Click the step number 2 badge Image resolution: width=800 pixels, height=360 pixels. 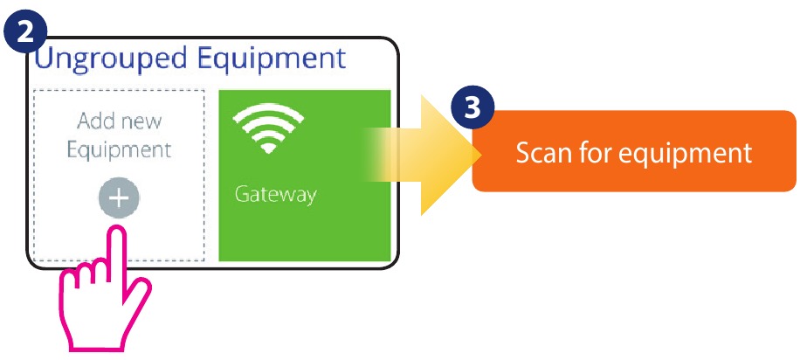pyautogui.click(x=25, y=31)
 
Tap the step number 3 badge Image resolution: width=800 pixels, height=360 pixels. pyautogui.click(x=473, y=107)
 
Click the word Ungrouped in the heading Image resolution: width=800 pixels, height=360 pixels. pyautogui.click(x=110, y=59)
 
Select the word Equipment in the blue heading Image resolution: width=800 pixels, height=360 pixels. pyautogui.click(x=272, y=59)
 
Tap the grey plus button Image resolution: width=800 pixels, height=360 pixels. pyautogui.click(x=119, y=198)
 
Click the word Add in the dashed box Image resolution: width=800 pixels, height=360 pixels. pyautogui.click(x=95, y=121)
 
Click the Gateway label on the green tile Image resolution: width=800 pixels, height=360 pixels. pyautogui.click(x=275, y=195)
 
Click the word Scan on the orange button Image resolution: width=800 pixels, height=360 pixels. pyautogui.click(x=543, y=153)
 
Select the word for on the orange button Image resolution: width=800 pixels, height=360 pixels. pyautogui.click(x=595, y=152)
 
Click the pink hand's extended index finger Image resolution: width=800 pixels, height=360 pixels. pyautogui.click(x=118, y=250)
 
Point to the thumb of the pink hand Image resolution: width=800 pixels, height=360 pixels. pyautogui.click(x=138, y=294)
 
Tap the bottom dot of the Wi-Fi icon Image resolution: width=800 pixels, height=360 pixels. pyautogui.click(x=268, y=149)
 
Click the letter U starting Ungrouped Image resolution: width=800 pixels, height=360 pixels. pyautogui.click(x=44, y=57)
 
